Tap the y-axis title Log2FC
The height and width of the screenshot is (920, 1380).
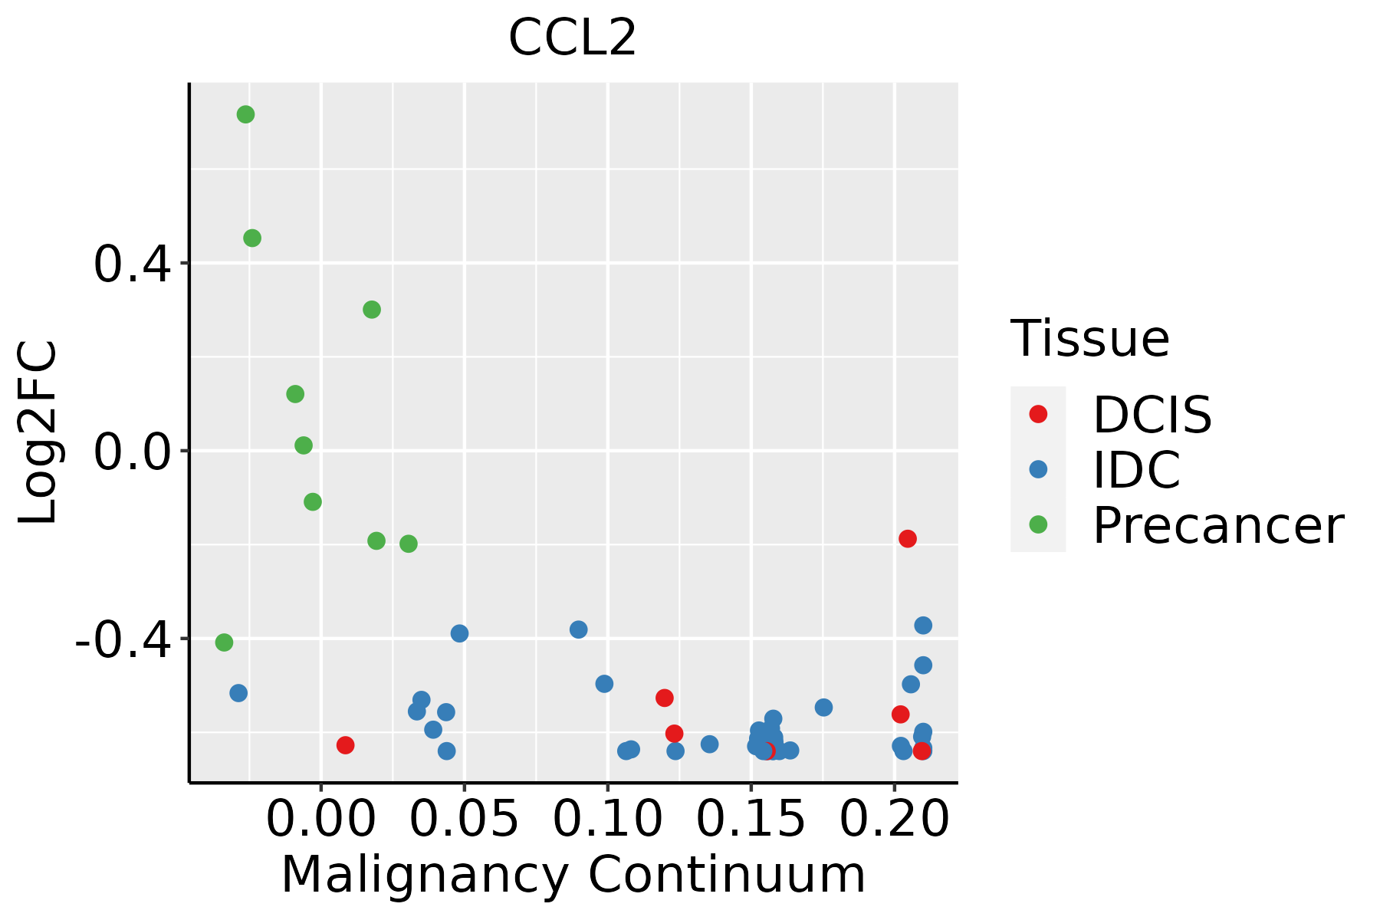point(38,432)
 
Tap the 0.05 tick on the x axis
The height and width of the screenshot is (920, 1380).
point(465,819)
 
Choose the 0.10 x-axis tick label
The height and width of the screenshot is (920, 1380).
point(607,819)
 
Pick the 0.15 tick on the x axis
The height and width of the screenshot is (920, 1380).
point(751,819)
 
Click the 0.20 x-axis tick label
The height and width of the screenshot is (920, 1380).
point(894,819)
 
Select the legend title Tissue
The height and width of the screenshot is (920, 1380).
point(1089,338)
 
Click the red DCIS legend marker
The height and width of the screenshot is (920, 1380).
point(1038,414)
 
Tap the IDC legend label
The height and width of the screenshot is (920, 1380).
point(1136,470)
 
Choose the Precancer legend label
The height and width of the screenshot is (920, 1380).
point(1217,526)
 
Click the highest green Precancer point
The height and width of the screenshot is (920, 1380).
point(245,115)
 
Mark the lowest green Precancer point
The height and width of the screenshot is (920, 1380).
point(224,642)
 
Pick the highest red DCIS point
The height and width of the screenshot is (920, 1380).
point(908,539)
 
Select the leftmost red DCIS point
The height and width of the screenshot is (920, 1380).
point(345,745)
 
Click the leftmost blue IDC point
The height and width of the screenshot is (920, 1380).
point(238,693)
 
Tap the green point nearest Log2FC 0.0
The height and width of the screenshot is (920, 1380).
point(304,445)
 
